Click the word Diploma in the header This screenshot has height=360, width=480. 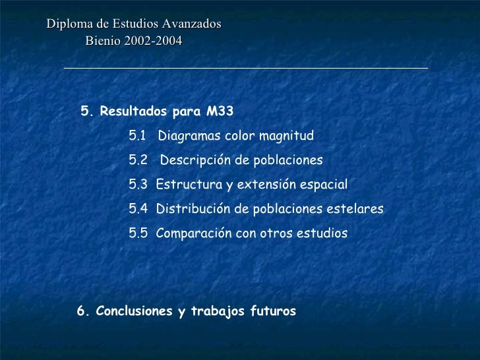point(67,24)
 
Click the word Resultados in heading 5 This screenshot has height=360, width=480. point(129,111)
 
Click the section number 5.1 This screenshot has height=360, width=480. point(138,136)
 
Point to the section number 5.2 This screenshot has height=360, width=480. point(138,161)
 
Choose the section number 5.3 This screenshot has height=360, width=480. point(138,185)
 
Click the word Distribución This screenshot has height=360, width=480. point(193,210)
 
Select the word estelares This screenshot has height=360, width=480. point(355,210)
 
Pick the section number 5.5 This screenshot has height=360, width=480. point(138,233)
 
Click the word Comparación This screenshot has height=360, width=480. point(193,233)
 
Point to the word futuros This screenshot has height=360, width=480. point(272,311)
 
